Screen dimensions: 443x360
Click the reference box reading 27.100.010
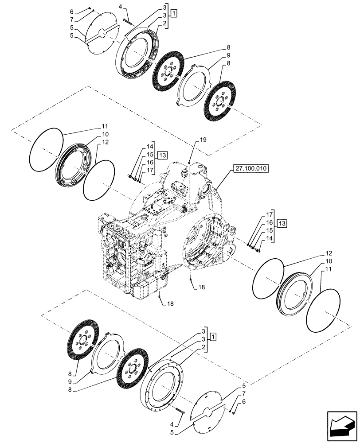click(x=250, y=168)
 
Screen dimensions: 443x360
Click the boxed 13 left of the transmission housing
click(x=162, y=155)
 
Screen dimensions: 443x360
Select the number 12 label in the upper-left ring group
click(x=104, y=142)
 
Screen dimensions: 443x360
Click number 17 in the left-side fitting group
click(x=150, y=171)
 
